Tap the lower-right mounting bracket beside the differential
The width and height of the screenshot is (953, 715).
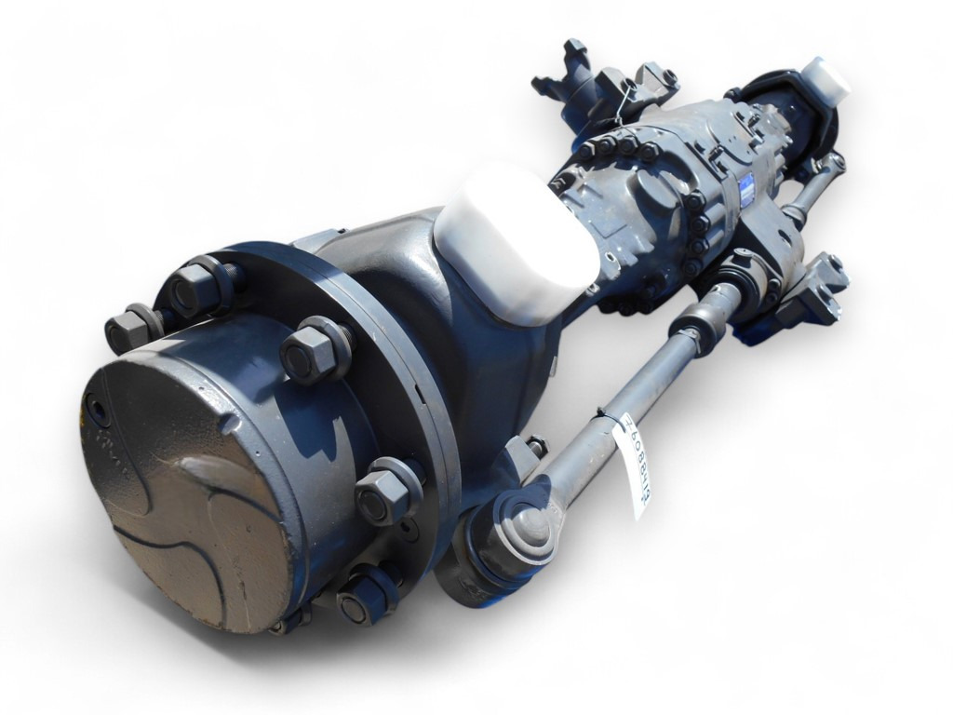coord(810,290)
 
